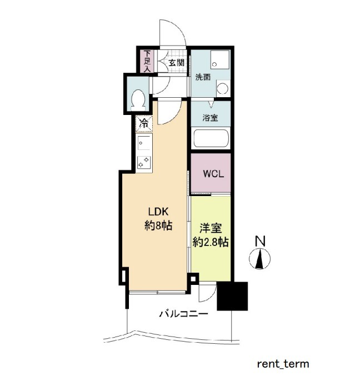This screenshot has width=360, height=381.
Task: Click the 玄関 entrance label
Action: pyautogui.click(x=177, y=63)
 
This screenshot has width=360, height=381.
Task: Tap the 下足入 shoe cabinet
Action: pyautogui.click(x=147, y=61)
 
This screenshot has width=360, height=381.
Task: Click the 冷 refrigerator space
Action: pyautogui.click(x=144, y=124)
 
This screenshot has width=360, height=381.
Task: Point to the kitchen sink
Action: pyautogui.click(x=144, y=143)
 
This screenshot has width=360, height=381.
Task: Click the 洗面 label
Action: pyautogui.click(x=203, y=77)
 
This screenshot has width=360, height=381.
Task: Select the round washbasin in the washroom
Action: pyautogui.click(x=222, y=88)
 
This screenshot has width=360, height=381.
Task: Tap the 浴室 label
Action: pyautogui.click(x=210, y=118)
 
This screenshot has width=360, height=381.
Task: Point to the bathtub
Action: pyautogui.click(x=211, y=138)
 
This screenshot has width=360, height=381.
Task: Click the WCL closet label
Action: pyautogui.click(x=213, y=174)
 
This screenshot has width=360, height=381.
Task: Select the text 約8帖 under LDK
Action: pyautogui.click(x=158, y=226)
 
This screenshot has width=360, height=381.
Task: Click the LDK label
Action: pyautogui.click(x=158, y=212)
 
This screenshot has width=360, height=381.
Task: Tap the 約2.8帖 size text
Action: pyautogui.click(x=211, y=242)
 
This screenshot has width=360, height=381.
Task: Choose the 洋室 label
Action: pyautogui.click(x=211, y=228)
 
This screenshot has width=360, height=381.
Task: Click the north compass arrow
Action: pyautogui.click(x=260, y=259)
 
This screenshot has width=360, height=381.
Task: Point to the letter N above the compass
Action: pyautogui.click(x=260, y=241)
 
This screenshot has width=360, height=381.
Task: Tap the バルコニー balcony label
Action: pyautogui.click(x=183, y=314)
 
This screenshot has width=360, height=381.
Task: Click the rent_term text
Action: pyautogui.click(x=283, y=364)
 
